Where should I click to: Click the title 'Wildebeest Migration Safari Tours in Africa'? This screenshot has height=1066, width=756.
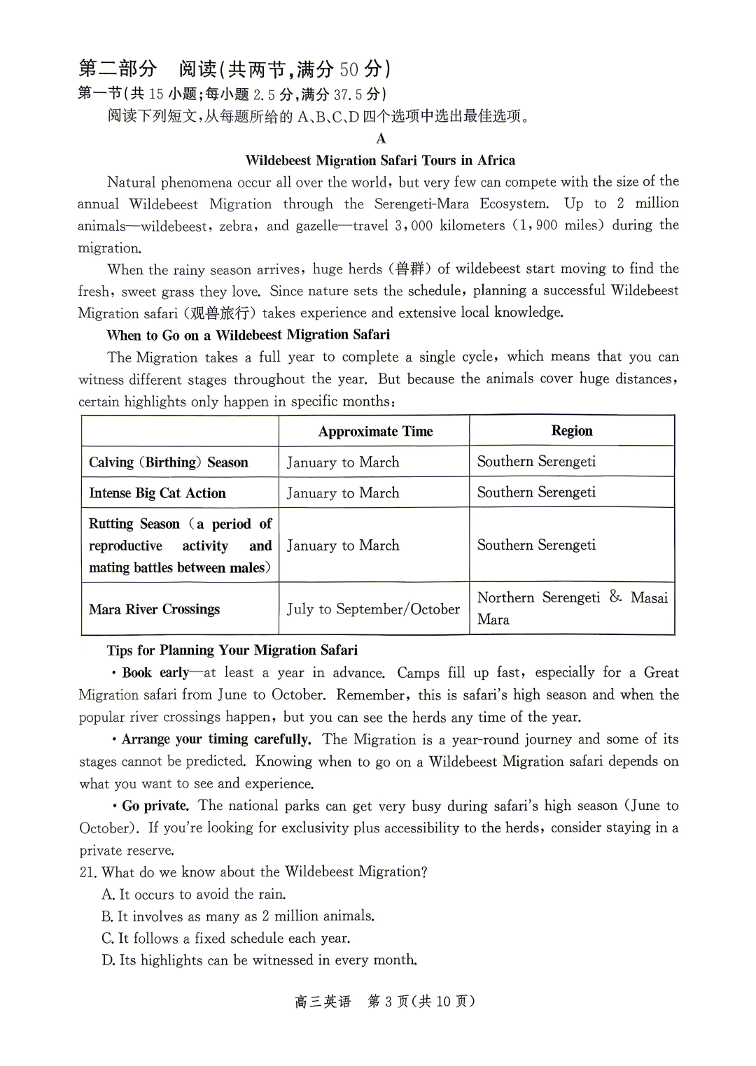pyautogui.click(x=380, y=160)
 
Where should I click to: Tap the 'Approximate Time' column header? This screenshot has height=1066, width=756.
pyautogui.click(x=375, y=432)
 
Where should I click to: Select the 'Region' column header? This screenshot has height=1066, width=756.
pyautogui.click(x=571, y=431)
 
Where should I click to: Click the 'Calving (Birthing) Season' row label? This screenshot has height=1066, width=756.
pyautogui.click(x=168, y=462)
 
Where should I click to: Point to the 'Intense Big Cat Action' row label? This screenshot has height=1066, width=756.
pyautogui.click(x=157, y=493)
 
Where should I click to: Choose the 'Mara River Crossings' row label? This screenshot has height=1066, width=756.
pyautogui.click(x=154, y=609)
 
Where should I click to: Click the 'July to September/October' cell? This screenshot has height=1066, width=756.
pyautogui.click(x=373, y=609)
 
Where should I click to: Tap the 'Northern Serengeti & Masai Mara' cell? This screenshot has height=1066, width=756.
pyautogui.click(x=571, y=608)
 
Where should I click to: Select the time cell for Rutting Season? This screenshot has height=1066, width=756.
pyautogui.click(x=343, y=546)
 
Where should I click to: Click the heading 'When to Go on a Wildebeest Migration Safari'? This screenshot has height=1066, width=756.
pyautogui.click(x=248, y=335)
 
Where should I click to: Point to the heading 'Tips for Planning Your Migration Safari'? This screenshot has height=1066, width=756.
pyautogui.click(x=232, y=651)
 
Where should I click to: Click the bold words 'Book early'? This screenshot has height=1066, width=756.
pyautogui.click(x=155, y=673)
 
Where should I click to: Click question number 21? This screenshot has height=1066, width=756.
pyautogui.click(x=87, y=872)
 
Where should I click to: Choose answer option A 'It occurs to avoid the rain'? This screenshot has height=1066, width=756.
pyautogui.click(x=193, y=895)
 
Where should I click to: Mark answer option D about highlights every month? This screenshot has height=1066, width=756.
pyautogui.click(x=259, y=960)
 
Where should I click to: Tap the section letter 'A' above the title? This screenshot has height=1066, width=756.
pyautogui.click(x=381, y=138)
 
